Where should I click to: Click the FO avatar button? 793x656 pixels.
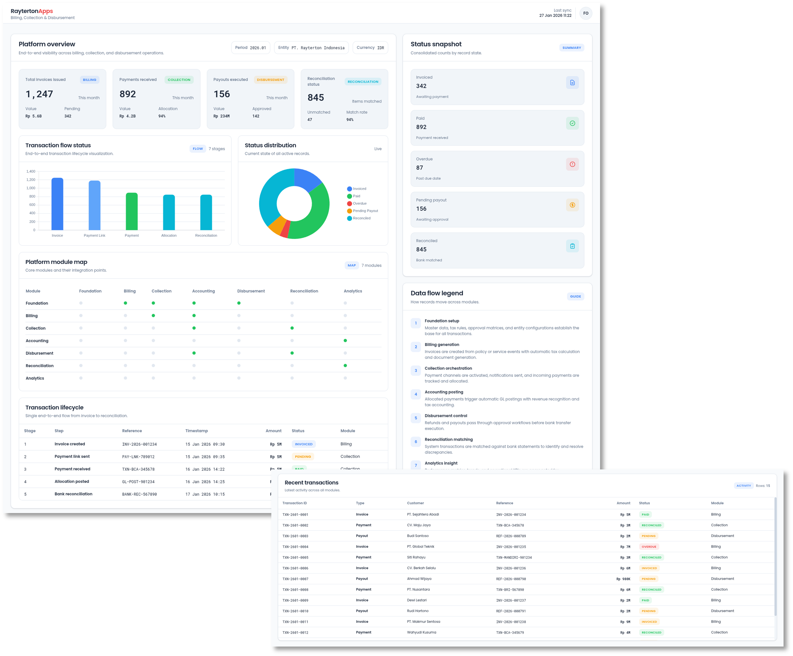[585, 13]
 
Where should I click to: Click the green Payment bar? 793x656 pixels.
[131, 211]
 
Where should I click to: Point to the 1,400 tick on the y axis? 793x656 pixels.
[31, 171]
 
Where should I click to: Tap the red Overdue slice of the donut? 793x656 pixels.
[285, 229]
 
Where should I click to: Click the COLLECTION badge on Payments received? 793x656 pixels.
[179, 80]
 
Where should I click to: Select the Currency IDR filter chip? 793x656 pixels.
[370, 48]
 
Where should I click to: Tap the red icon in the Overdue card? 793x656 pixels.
[572, 164]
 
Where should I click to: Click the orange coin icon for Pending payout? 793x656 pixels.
[572, 205]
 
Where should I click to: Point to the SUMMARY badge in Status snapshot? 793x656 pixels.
[571, 48]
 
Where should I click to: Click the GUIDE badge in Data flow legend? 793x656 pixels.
[575, 296]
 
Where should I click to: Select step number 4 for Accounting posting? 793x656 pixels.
[416, 394]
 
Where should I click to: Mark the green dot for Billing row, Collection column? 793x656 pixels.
[153, 316]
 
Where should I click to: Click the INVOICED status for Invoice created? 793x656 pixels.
[304, 444]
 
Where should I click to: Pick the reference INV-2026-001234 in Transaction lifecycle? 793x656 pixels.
[139, 444]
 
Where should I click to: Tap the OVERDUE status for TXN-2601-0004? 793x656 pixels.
[649, 547]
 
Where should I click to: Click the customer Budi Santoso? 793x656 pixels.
[418, 536]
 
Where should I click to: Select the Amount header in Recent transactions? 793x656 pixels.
[623, 503]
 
